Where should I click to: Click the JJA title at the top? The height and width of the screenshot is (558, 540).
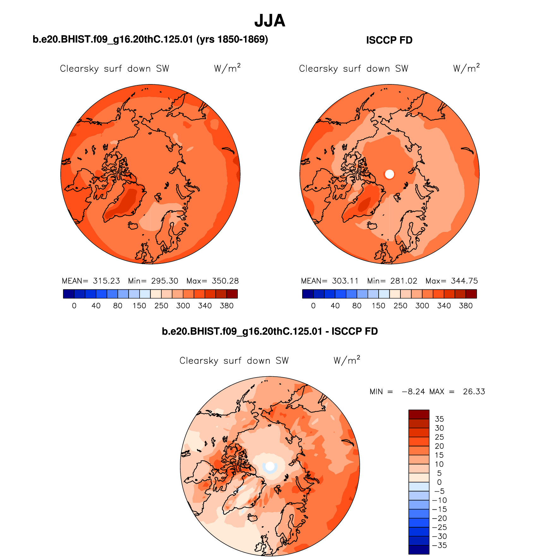270,21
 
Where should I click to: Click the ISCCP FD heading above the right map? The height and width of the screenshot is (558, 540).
389,40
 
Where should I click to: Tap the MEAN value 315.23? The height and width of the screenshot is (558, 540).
106,281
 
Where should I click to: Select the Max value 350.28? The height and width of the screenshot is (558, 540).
225,281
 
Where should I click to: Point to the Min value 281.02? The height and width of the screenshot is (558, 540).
404,281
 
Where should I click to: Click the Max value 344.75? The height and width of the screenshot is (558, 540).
464,281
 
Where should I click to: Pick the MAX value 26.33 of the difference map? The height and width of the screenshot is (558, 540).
474,392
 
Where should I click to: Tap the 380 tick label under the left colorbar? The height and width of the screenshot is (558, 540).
226,306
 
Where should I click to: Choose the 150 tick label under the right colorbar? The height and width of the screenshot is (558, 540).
378,306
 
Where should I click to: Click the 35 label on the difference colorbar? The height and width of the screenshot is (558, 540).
439,419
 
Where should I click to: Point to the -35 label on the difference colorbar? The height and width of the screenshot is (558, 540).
439,545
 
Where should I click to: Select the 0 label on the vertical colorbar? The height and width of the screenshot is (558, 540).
439,482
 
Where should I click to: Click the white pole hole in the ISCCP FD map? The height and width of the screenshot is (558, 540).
390,174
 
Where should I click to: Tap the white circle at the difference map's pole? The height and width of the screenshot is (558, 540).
270,466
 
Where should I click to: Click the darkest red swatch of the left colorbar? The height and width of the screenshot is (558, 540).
232,294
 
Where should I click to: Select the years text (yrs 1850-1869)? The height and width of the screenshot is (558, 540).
232,39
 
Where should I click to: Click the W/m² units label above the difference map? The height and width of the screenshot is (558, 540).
347,360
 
